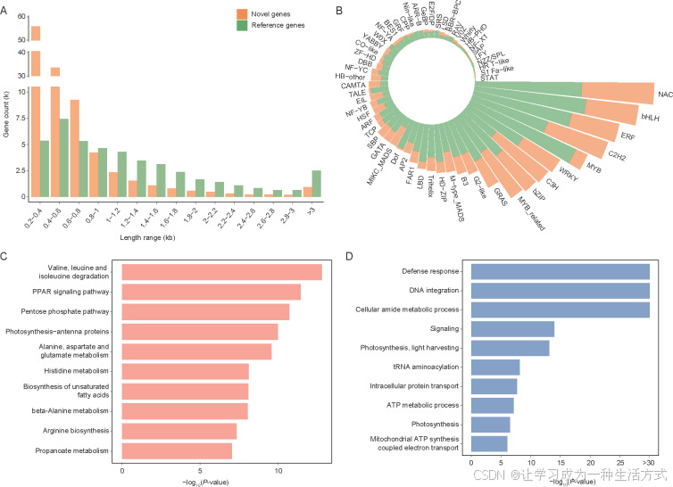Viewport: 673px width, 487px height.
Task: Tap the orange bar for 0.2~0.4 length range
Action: click(36, 116)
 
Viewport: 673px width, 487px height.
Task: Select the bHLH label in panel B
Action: click(649, 116)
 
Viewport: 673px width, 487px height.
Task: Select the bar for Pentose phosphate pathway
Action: click(205, 311)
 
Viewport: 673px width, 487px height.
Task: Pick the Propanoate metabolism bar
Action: click(177, 450)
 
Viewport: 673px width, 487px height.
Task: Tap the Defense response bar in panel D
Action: click(560, 271)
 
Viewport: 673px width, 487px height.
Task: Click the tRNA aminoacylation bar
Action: click(495, 367)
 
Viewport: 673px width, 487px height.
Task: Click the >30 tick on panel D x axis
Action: click(650, 463)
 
